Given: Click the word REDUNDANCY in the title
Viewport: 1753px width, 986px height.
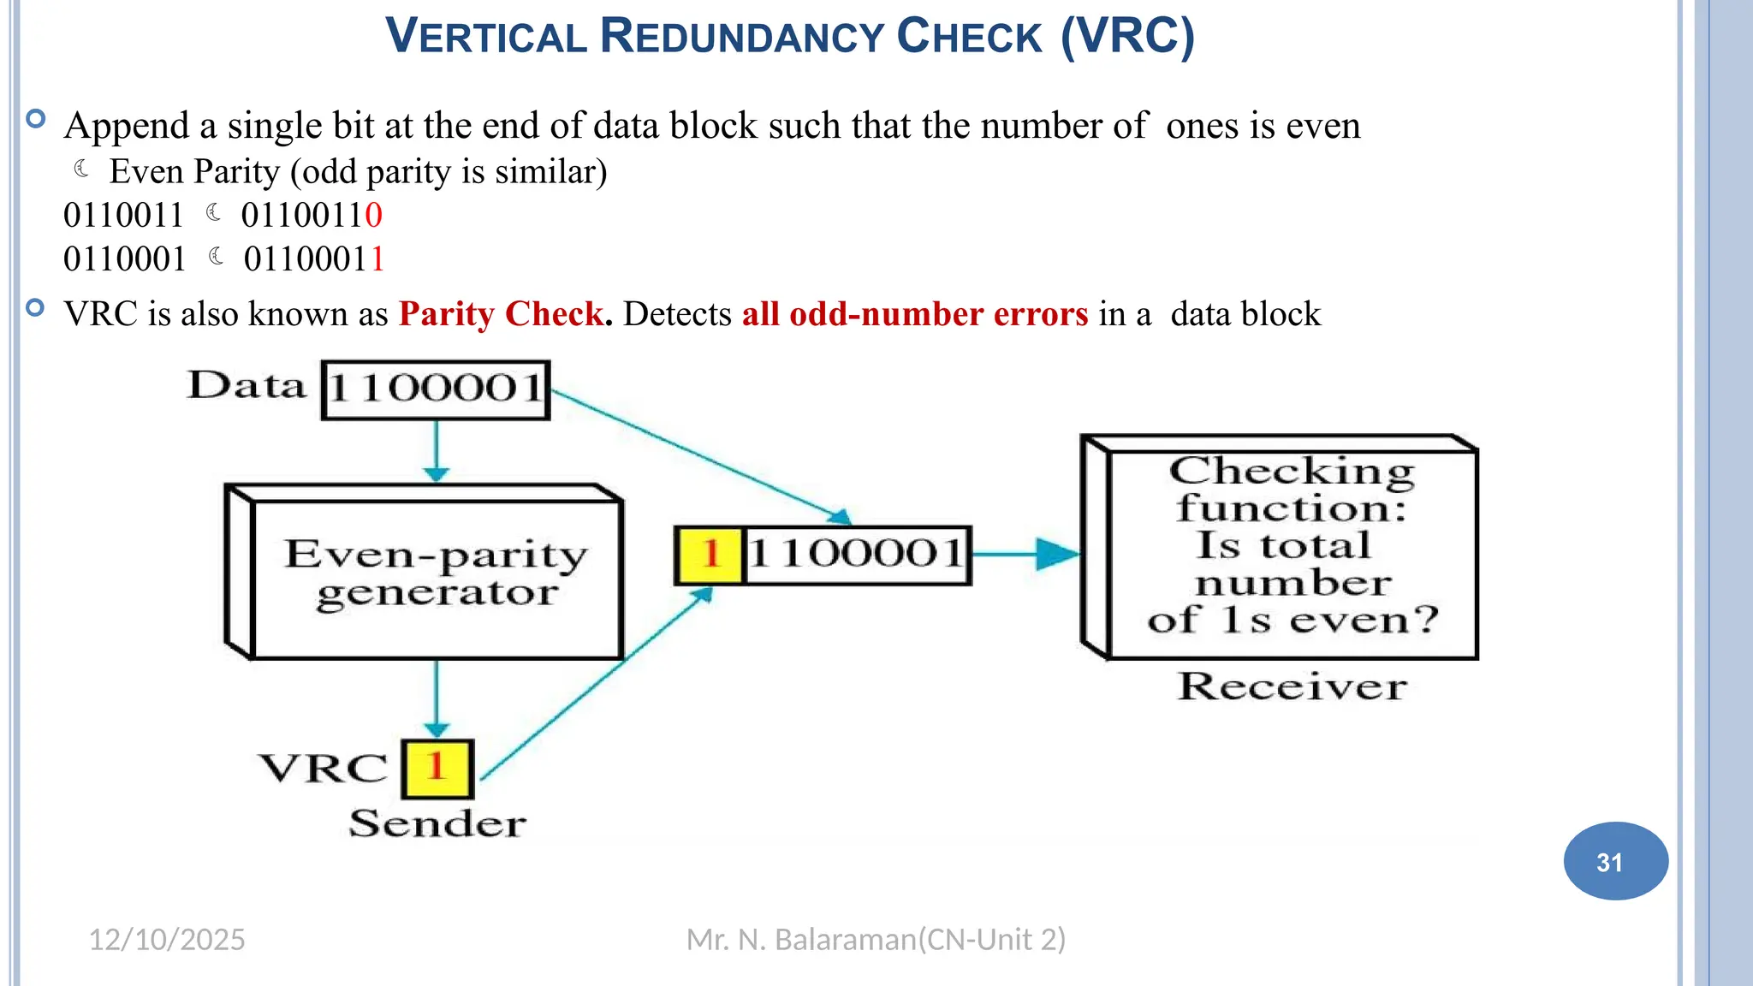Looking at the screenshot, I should click(x=741, y=38).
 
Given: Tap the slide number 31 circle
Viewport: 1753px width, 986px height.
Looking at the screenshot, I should click(x=1614, y=861).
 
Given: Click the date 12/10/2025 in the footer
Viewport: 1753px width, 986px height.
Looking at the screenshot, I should click(x=167, y=940).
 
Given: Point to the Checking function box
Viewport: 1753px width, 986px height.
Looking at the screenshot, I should click(x=1292, y=548).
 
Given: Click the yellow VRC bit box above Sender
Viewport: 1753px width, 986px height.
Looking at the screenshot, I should click(x=437, y=768).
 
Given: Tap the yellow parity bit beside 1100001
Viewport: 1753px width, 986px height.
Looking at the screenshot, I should click(x=710, y=555).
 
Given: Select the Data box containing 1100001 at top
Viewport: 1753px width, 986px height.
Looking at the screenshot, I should click(x=436, y=389).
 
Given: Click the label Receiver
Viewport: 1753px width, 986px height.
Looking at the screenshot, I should click(x=1292, y=686).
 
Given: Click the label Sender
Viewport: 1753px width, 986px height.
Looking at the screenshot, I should click(x=437, y=823).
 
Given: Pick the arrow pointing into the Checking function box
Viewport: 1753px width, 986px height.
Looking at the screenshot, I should click(x=1027, y=554).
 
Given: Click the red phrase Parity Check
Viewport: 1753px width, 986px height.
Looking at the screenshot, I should click(x=502, y=314).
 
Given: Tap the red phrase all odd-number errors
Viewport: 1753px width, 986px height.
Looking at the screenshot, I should click(x=914, y=314).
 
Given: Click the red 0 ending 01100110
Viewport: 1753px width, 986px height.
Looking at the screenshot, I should click(x=373, y=216).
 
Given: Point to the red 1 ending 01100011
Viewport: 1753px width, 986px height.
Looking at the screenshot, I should click(x=377, y=259).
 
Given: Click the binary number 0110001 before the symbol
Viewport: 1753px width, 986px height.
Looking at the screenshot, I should click(x=125, y=259).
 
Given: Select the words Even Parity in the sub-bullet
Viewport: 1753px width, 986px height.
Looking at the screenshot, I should click(x=194, y=172).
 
